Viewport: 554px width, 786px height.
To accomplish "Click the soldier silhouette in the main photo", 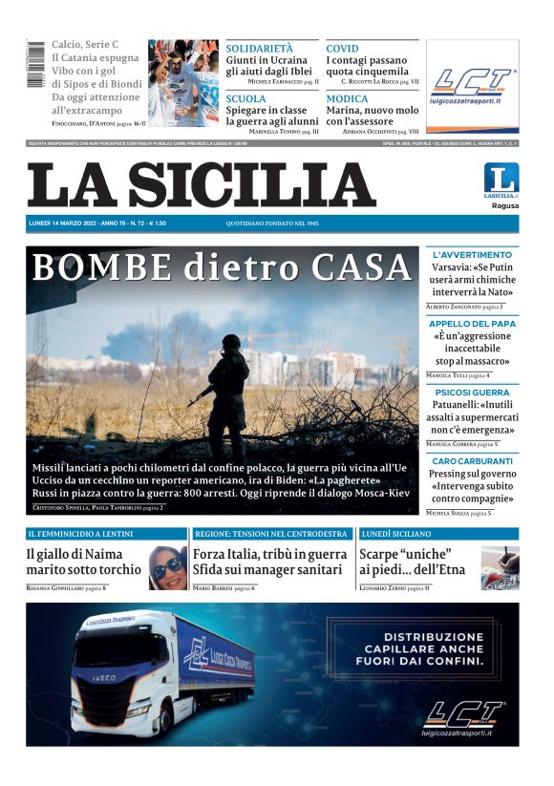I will tap(228, 387).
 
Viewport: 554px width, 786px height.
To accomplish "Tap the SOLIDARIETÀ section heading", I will tap(260, 48).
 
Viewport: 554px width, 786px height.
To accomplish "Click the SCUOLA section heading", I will tap(246, 98).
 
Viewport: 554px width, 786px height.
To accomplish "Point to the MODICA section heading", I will tap(347, 98).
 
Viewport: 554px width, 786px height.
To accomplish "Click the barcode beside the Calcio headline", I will tap(35, 67).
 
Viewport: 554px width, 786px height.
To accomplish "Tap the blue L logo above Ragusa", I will tap(501, 179).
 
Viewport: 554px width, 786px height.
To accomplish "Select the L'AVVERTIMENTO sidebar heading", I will tap(472, 255).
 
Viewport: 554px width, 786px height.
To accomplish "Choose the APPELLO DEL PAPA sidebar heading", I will tap(472, 324).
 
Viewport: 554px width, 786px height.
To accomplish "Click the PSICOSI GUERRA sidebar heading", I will tap(472, 393).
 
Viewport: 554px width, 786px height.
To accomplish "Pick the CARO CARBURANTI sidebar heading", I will tap(472, 461).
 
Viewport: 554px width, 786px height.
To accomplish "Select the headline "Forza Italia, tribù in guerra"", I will tap(269, 554).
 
